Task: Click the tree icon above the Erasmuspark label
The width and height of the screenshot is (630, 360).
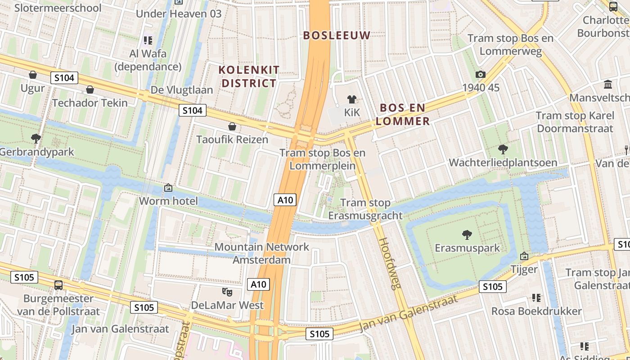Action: [467, 234]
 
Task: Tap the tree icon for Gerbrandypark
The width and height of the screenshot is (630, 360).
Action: [36, 138]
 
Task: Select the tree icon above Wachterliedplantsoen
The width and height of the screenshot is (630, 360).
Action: [503, 149]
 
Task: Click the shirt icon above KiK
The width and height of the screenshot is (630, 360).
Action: [351, 99]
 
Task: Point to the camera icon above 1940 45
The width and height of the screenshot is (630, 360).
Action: [480, 74]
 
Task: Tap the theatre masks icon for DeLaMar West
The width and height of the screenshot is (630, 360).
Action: [227, 292]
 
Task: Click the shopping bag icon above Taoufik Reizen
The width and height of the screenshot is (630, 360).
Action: [232, 126]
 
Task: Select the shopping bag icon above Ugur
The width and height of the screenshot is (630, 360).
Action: [33, 74]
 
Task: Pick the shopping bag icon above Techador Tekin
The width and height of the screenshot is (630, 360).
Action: [90, 90]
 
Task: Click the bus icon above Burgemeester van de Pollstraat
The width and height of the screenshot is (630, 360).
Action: [58, 285]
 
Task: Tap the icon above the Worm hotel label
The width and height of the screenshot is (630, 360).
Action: [168, 187]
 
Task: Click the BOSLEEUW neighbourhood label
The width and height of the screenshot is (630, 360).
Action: [337, 35]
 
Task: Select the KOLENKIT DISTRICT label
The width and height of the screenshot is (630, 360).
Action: [249, 76]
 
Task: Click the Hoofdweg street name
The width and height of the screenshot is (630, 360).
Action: [390, 263]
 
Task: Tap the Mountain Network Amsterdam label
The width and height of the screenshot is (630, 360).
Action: [261, 253]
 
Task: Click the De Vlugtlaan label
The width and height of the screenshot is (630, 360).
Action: [182, 90]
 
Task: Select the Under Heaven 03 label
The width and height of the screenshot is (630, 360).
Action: [179, 13]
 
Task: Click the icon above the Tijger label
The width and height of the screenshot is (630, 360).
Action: [524, 256]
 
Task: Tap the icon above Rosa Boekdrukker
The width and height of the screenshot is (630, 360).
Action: [536, 297]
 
